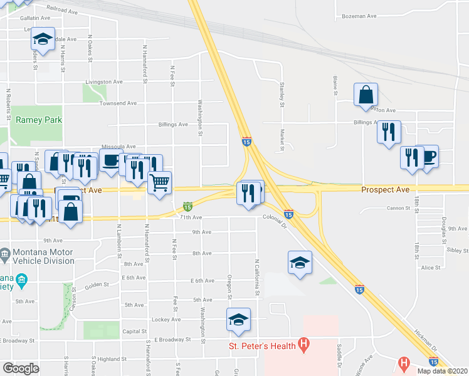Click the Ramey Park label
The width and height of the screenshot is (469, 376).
(39, 119)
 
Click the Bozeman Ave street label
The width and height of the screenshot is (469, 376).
(359, 16)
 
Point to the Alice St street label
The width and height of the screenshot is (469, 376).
(430, 268)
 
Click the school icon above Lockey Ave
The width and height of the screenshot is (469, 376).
(238, 320)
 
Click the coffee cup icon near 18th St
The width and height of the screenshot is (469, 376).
(429, 157)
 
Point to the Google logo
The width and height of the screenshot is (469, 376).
(21, 369)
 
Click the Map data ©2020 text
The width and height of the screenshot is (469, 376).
(443, 371)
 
